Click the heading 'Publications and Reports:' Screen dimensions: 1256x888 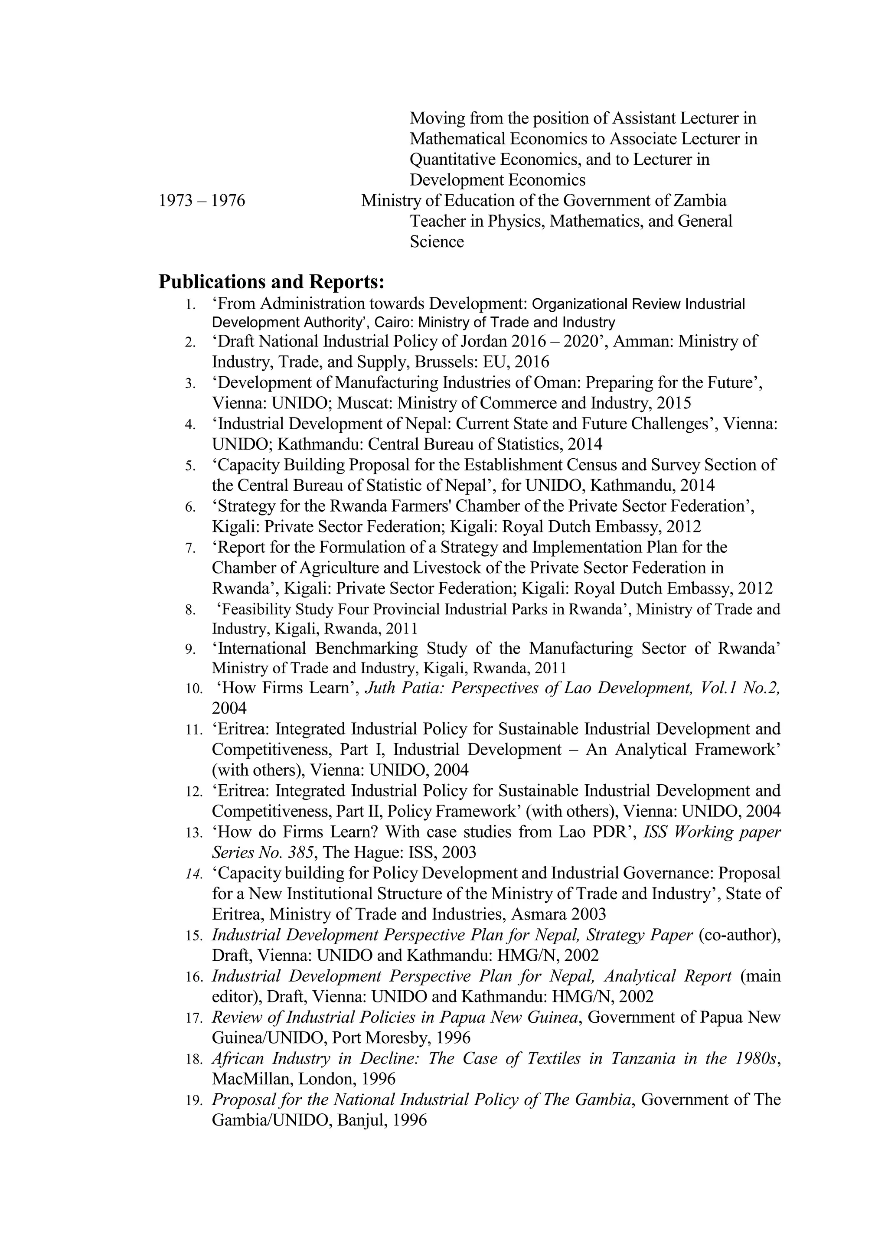(x=271, y=282)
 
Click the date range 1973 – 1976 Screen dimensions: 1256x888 (x=202, y=201)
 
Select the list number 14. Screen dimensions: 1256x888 (x=194, y=874)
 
